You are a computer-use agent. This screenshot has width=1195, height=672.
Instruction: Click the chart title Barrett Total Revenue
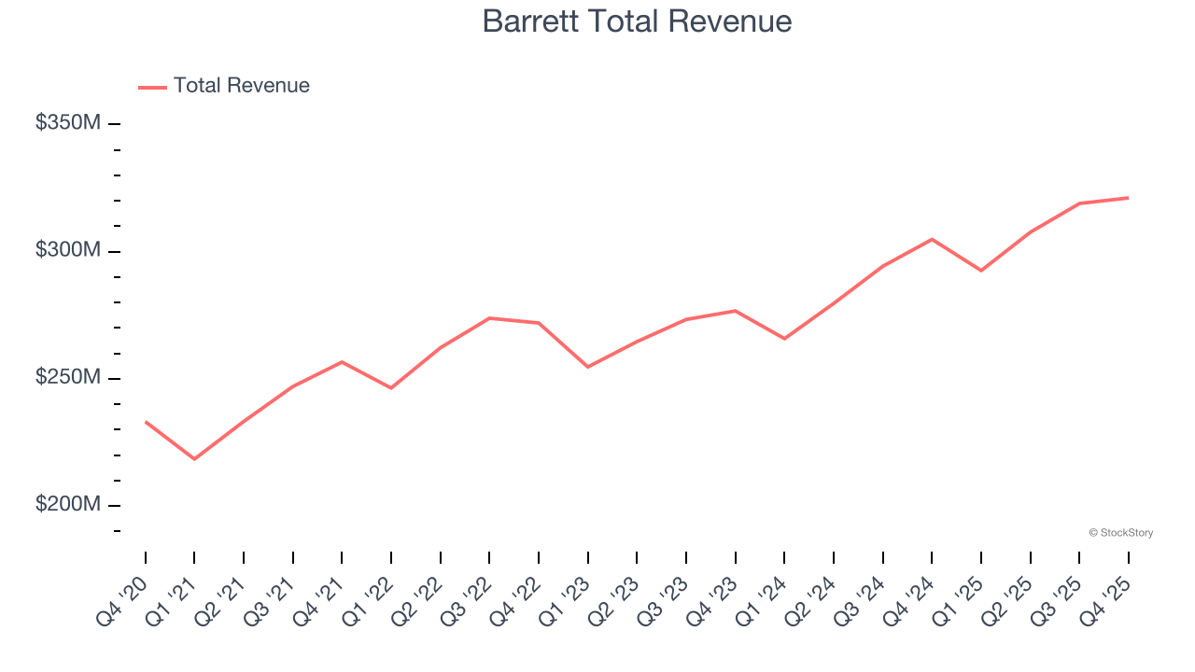click(637, 21)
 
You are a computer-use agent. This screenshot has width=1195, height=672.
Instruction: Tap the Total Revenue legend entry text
click(241, 86)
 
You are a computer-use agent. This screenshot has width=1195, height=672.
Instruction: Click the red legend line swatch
click(152, 87)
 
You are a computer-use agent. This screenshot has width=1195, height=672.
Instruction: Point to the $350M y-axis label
click(68, 122)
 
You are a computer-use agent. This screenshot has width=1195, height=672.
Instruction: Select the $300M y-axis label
click(68, 250)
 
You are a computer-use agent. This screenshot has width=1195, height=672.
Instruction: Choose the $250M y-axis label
click(68, 377)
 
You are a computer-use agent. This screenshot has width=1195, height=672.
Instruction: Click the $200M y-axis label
click(68, 504)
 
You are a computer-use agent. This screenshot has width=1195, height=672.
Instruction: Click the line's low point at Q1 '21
click(194, 459)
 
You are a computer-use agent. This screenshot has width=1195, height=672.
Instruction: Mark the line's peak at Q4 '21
click(342, 361)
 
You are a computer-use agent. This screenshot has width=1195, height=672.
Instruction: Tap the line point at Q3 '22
click(489, 318)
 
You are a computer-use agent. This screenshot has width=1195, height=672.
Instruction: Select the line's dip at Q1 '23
click(587, 367)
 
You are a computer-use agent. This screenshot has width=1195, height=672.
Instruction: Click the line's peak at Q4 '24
click(932, 239)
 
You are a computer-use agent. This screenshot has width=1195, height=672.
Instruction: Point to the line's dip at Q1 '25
click(980, 271)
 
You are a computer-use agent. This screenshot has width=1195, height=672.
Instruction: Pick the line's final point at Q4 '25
click(1128, 198)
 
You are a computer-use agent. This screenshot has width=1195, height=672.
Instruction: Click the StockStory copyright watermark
click(1120, 533)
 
